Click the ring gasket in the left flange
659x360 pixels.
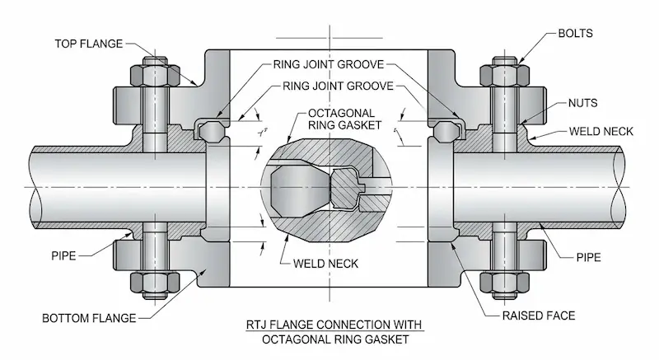[x=209, y=129]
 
